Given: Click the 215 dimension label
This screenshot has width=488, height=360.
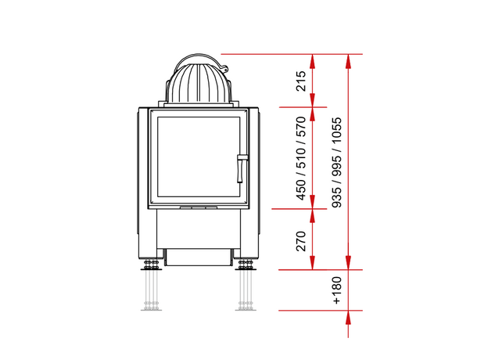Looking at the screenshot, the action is pos(301,81).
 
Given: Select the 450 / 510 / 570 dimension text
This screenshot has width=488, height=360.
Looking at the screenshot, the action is pos(301,158).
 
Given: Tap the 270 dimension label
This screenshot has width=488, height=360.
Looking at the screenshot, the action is pos(301,241).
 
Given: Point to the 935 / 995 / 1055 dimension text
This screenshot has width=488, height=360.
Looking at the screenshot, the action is pos(336,163).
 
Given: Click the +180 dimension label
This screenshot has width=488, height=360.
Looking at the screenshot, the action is pos(336,290).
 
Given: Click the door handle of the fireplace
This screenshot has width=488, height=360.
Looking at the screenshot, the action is pos(241,168).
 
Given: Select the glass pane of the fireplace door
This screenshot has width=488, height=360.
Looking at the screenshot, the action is pos(199,157).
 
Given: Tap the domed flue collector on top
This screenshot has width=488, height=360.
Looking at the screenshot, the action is pos(199,81).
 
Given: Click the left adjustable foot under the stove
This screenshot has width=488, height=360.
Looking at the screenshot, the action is pos(151,265).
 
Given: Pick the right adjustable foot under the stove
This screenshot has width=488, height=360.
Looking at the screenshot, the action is pos(246,265).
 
